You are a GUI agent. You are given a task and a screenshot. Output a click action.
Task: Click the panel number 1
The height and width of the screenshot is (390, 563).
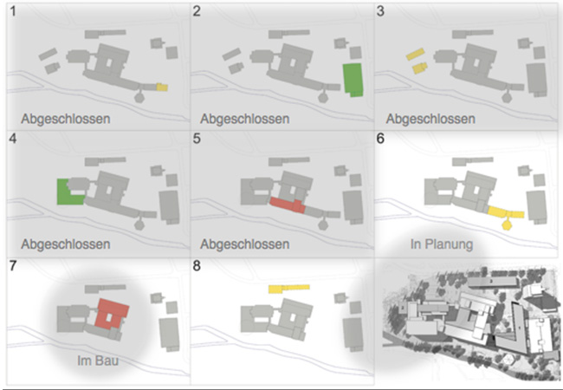[15, 12]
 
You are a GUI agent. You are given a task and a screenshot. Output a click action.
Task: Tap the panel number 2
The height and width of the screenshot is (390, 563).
[197, 12]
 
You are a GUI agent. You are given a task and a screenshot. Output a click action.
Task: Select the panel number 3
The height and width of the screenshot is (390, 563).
[381, 12]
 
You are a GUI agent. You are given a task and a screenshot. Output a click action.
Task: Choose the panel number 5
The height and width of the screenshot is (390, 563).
[197, 139]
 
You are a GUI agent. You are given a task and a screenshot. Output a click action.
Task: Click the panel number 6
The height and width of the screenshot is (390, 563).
[381, 139]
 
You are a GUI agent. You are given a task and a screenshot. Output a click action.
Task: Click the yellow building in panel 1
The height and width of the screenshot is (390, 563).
[162, 88]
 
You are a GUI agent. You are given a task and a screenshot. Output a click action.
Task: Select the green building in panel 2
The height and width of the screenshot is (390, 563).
[353, 79]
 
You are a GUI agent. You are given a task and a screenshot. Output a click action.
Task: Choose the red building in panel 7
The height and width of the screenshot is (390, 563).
[112, 313]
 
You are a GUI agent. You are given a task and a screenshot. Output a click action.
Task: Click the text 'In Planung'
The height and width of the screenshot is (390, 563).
[442, 244]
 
